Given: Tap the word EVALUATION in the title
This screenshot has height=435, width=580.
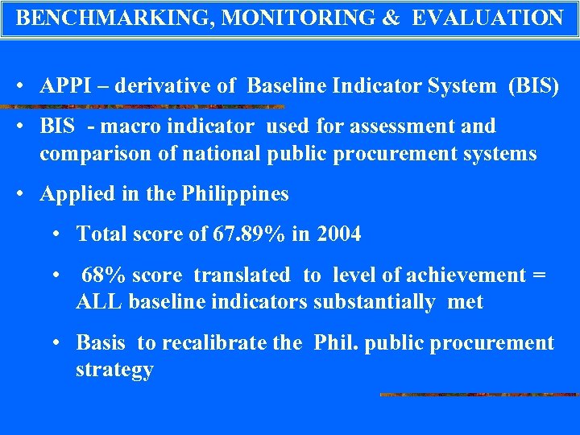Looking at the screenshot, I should pyautogui.click(x=487, y=18).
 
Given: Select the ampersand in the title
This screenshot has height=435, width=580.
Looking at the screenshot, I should pyautogui.click(x=391, y=18).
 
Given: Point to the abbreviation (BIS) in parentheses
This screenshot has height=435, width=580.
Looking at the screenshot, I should pyautogui.click(x=532, y=86).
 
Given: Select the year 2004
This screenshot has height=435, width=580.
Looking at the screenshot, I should pyautogui.click(x=339, y=234).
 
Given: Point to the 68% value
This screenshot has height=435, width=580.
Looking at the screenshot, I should pyautogui.click(x=103, y=275).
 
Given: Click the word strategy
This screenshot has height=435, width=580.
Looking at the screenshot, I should pyautogui.click(x=114, y=371).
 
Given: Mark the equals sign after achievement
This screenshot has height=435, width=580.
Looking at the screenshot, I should pyautogui.click(x=538, y=275).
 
